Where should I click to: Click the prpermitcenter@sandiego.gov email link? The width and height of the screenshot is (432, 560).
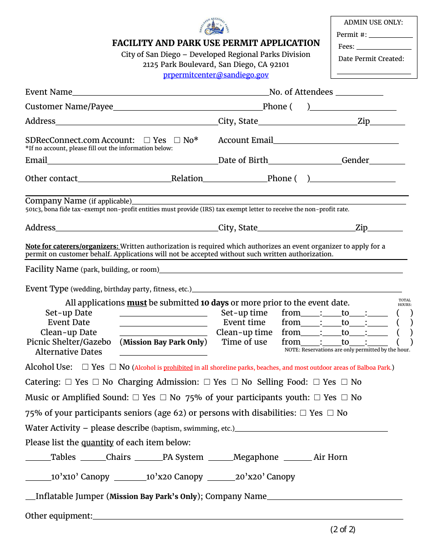pos(216,75)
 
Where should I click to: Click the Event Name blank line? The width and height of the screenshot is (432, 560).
pos(171,92)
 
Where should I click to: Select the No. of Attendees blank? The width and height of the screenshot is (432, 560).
pos(359,92)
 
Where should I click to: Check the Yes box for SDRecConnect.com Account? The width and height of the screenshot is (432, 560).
pos(147,141)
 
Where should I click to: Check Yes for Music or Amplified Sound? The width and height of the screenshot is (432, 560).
pos(136,397)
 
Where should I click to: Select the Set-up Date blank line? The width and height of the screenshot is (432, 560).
pos(163,313)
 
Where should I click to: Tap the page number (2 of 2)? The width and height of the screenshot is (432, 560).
pos(342,529)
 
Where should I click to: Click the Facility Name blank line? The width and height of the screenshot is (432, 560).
pos(281,270)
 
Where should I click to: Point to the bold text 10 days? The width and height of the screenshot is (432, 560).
pos(215,303)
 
